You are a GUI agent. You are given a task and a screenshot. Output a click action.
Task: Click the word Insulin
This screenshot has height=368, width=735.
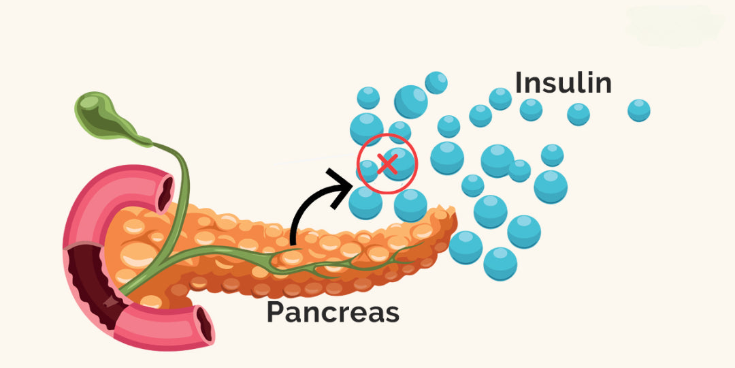[x=563, y=82]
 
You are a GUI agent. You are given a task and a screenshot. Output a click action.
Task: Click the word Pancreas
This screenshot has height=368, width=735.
[x=332, y=311]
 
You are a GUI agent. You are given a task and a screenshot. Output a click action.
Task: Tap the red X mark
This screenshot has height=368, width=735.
[x=387, y=164]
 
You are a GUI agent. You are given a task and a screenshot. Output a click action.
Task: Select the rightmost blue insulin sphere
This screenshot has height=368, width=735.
[x=638, y=110]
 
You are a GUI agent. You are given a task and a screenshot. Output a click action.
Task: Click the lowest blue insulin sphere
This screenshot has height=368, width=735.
[x=500, y=263]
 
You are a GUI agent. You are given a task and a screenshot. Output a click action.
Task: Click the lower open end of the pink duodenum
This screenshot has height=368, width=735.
[x=203, y=324]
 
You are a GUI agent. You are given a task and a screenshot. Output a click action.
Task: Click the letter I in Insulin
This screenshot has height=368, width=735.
[x=519, y=82]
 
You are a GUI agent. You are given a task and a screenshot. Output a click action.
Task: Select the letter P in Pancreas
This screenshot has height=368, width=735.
[x=274, y=311]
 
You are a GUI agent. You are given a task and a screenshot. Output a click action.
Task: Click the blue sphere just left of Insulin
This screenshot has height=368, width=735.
[x=500, y=99]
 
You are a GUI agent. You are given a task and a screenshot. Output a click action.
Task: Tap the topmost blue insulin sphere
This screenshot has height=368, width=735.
[x=436, y=82]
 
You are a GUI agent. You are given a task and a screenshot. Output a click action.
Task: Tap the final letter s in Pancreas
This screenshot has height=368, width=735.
[x=391, y=313]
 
